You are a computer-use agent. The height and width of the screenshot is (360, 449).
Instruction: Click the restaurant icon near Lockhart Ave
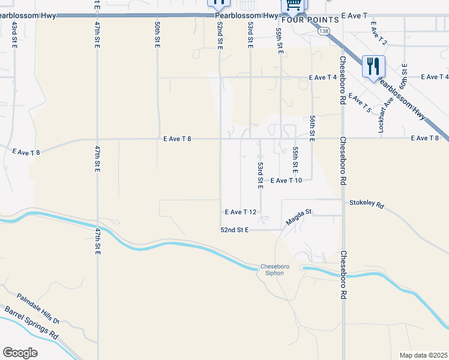373,67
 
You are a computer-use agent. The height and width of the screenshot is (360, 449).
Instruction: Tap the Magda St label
300,217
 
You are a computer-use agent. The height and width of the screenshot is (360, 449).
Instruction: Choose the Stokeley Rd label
366,204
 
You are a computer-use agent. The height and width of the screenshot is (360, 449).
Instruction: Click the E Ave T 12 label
241,212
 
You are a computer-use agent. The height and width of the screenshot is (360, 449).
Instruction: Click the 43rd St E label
14,34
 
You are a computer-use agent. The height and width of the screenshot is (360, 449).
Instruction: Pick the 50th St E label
157,34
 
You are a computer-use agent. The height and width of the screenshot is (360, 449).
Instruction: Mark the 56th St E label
313,128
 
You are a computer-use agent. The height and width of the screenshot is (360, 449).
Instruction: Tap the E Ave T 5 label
360,103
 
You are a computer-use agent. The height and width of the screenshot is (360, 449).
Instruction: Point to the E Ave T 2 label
379,34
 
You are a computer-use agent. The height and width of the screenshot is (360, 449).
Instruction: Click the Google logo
20,353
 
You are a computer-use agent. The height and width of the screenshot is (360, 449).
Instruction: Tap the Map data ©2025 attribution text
423,355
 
